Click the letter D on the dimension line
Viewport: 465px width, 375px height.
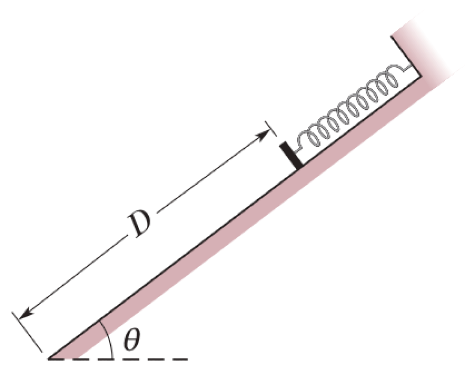point(140,225)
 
